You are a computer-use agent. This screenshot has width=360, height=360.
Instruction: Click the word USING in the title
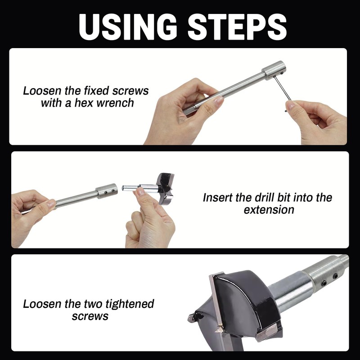tap(128, 27)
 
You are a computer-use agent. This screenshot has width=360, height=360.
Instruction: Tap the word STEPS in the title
tap(237, 27)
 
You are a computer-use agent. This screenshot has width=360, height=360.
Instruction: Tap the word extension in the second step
tap(269, 210)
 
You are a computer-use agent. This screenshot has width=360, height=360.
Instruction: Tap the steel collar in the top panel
tap(274, 70)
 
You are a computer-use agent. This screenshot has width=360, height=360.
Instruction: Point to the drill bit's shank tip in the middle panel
tap(123, 188)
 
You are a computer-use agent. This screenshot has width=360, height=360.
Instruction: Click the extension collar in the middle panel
tap(107, 191)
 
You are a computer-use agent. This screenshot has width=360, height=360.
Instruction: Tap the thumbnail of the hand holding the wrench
tap(290, 105)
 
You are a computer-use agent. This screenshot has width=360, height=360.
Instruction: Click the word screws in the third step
tap(90, 317)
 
